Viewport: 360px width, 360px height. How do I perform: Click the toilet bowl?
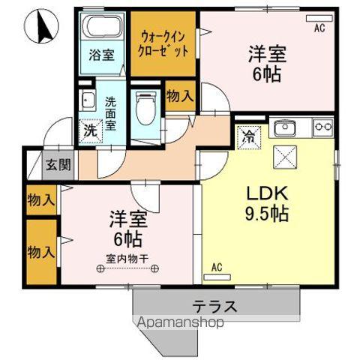pos(145,106)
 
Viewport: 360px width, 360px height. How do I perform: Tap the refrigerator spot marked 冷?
pos(248,137)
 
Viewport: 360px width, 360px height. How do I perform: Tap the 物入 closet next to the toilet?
pos(178,96)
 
